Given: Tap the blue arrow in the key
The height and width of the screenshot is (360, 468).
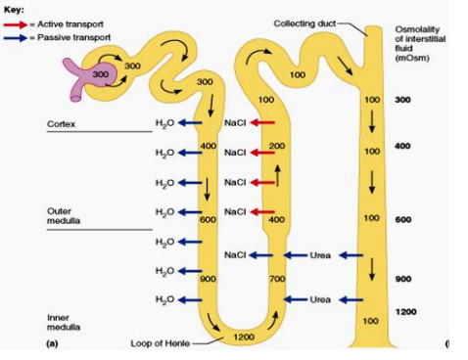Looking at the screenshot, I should (21, 36).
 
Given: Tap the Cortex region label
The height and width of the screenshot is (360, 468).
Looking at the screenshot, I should (61, 124).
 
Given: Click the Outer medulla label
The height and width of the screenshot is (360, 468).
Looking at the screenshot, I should (65, 216).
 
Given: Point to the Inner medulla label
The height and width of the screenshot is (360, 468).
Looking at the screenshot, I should (63, 323).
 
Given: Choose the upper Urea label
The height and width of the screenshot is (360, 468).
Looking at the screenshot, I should (321, 255).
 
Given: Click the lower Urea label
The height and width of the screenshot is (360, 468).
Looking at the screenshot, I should (321, 298).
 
